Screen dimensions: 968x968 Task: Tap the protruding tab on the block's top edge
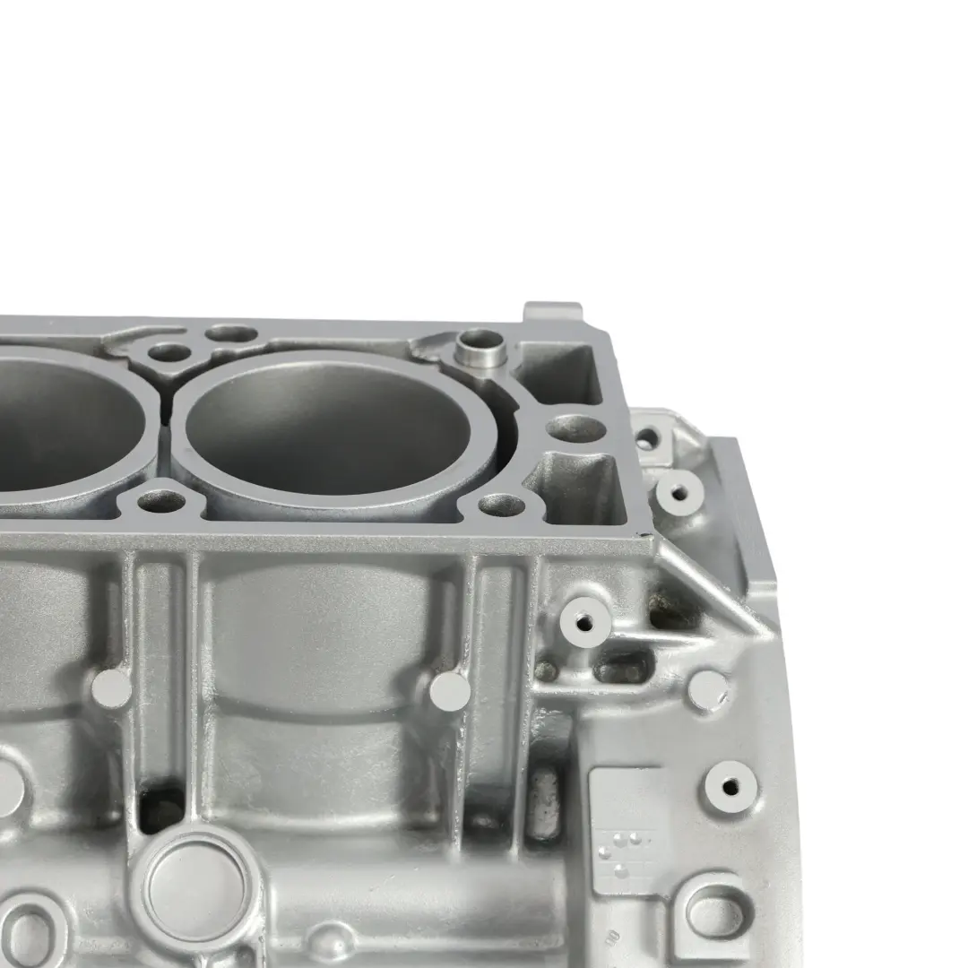[x=552, y=313]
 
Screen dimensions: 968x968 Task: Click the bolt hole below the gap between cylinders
[x=162, y=501]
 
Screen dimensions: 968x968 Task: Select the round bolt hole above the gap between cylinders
[x=169, y=353]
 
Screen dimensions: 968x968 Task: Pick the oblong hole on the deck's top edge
[x=231, y=333]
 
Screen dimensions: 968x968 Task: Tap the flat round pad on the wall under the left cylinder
[x=112, y=688]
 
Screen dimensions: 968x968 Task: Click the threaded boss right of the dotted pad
[x=730, y=787]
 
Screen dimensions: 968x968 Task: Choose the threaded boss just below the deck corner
[x=584, y=617]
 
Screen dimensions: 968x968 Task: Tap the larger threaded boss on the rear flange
[x=679, y=490]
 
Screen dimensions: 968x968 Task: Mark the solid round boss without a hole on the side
[x=708, y=690]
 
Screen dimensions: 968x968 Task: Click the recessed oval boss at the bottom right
[x=714, y=914]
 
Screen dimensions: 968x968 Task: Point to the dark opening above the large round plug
[x=162, y=812]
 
